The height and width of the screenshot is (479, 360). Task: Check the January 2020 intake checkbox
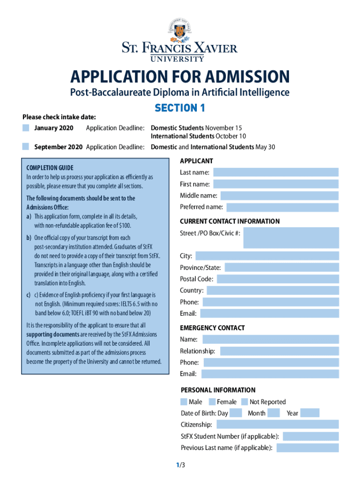26,128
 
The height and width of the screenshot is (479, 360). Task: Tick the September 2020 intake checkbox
26,146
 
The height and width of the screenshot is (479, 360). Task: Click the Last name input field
275,172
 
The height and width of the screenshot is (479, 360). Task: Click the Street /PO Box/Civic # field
291,238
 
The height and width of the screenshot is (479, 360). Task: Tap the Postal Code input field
278,279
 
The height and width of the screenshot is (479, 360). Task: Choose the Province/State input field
281,268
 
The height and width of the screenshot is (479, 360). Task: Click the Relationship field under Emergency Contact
279,351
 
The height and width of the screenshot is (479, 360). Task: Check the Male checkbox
184,401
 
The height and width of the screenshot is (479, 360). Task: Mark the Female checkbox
212,401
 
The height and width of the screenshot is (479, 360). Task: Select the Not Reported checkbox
245,401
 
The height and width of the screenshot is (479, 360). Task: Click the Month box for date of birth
274,413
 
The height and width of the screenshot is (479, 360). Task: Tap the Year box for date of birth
310,413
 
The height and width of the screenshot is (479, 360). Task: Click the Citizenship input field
278,424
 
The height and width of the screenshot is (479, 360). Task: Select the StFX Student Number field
310,436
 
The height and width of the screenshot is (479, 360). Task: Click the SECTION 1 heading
180,108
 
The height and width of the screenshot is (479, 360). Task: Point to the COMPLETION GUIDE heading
50,167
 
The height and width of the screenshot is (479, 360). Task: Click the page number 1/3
180,465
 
